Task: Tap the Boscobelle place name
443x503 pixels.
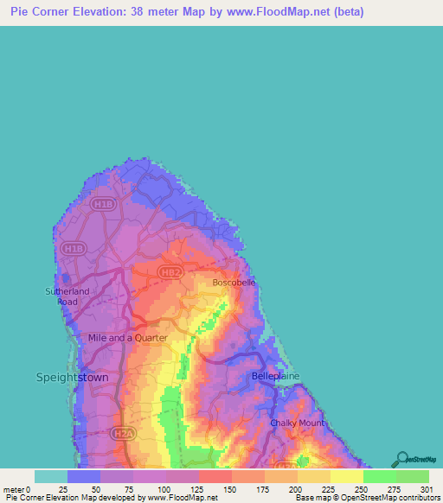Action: [x=234, y=283]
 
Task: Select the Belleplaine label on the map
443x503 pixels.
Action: [x=275, y=377]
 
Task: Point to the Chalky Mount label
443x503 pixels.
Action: [x=297, y=423]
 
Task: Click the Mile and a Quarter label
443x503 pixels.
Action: [x=127, y=338]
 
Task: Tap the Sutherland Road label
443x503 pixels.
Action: [x=67, y=296]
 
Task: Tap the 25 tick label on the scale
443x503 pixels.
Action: [x=63, y=489]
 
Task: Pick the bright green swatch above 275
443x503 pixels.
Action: [x=379, y=476]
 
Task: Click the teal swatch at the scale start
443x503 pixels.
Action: [x=51, y=476]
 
